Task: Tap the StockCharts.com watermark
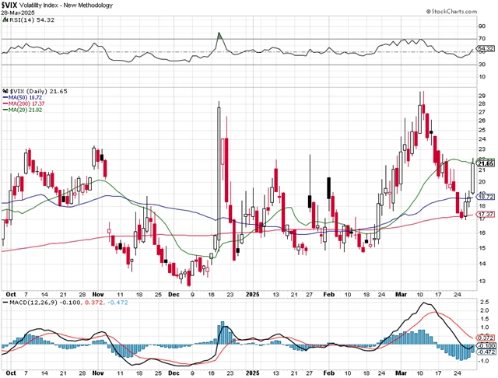click(464, 12)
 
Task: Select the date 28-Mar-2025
click(19, 14)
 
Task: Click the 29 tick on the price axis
click(482, 96)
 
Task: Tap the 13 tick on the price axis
click(482, 281)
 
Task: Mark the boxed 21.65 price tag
click(486, 163)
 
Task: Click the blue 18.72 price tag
click(486, 197)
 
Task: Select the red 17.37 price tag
click(486, 214)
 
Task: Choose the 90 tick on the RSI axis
click(482, 25)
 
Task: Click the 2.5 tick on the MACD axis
click(483, 301)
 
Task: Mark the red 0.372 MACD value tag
click(486, 338)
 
